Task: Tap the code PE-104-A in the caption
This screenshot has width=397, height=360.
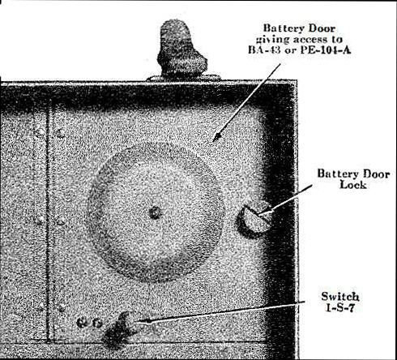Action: (326, 50)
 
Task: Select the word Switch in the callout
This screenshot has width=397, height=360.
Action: (340, 297)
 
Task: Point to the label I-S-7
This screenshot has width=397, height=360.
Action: (339, 307)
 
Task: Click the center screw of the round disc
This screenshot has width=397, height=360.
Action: (156, 212)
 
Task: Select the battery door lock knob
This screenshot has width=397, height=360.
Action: (254, 219)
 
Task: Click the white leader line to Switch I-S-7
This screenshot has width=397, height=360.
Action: (220, 311)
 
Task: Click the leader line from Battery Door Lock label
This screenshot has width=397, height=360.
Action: (284, 200)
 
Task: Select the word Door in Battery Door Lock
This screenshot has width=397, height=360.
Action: (373, 174)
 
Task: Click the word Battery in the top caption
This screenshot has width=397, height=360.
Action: (282, 28)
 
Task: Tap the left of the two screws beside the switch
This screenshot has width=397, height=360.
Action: (80, 323)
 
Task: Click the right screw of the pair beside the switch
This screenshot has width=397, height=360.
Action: (97, 323)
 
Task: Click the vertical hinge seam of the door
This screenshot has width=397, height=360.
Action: (49, 221)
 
